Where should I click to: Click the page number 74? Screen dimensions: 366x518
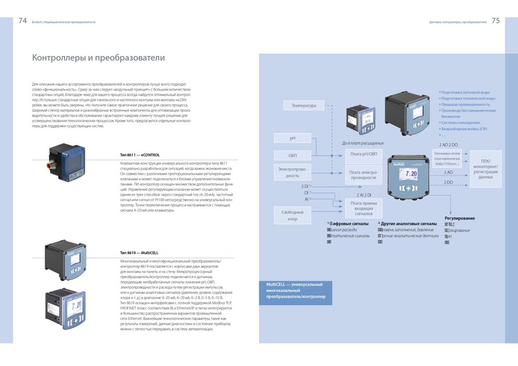pyautogui.click(x=22, y=21)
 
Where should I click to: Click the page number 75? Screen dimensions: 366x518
pyautogui.click(x=496, y=21)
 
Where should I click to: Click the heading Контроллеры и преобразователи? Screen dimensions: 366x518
pyautogui.click(x=98, y=58)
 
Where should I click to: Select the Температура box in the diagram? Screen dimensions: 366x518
pyautogui.click(x=303, y=106)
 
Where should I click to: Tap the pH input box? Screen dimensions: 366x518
pyautogui.click(x=292, y=138)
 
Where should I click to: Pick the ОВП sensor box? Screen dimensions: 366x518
pyautogui.click(x=292, y=155)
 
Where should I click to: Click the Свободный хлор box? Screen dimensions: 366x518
pyautogui.click(x=292, y=215)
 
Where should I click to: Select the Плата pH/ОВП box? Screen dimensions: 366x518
pyautogui.click(x=363, y=153)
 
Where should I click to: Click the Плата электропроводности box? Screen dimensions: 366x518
pyautogui.click(x=363, y=174)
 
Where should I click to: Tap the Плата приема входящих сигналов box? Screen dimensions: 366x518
pyautogui.click(x=363, y=208)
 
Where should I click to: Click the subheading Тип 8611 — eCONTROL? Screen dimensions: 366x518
pyautogui.click(x=140, y=155)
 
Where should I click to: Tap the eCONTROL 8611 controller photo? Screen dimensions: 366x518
pyautogui.click(x=67, y=163)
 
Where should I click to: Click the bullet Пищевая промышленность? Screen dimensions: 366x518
pyautogui.click(x=466, y=105)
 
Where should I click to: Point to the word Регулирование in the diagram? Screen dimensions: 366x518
pyautogui.click(x=460, y=218)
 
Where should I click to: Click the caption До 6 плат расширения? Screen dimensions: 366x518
pyautogui.click(x=363, y=143)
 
